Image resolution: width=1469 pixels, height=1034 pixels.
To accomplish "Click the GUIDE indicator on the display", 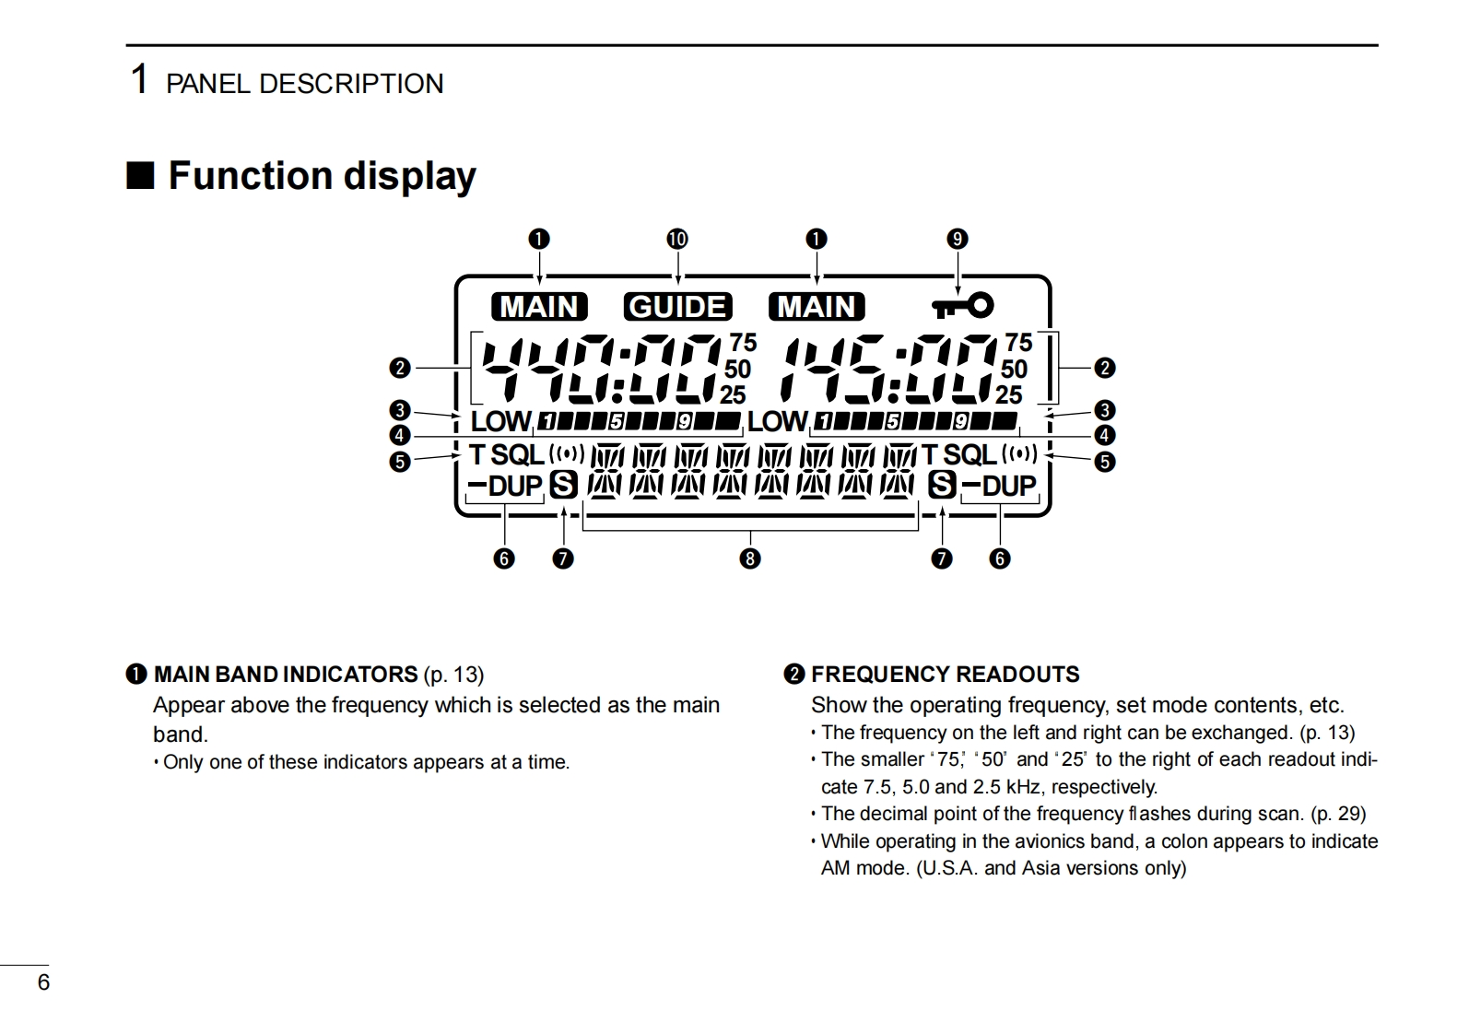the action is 677,306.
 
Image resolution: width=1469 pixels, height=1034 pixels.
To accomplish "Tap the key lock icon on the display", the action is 961,304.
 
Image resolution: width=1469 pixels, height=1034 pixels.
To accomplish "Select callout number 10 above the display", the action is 677,240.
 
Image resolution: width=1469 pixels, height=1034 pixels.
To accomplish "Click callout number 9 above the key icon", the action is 958,240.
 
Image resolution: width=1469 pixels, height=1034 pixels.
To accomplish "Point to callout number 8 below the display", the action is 750,558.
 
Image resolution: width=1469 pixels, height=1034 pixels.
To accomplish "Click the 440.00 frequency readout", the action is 602,370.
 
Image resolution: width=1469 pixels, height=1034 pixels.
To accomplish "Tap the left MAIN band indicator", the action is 539,306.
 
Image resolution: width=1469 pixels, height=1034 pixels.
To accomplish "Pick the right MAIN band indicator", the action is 817,306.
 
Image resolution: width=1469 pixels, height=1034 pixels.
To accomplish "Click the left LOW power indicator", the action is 500,422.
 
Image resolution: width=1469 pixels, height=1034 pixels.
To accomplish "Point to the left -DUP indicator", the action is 506,486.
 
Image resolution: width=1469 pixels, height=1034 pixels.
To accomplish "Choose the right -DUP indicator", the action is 1000,486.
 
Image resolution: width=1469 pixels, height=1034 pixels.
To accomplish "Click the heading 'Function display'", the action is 322,175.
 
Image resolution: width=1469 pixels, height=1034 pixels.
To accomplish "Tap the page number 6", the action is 43,982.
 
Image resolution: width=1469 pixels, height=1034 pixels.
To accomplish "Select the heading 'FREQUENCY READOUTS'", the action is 945,675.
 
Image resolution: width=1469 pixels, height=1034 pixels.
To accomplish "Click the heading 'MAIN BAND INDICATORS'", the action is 286,675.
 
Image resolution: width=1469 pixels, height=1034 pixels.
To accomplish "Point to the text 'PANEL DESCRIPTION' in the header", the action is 304,84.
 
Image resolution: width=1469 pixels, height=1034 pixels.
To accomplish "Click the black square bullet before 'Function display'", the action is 140,175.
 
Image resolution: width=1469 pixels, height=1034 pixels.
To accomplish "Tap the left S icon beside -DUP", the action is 563,485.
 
